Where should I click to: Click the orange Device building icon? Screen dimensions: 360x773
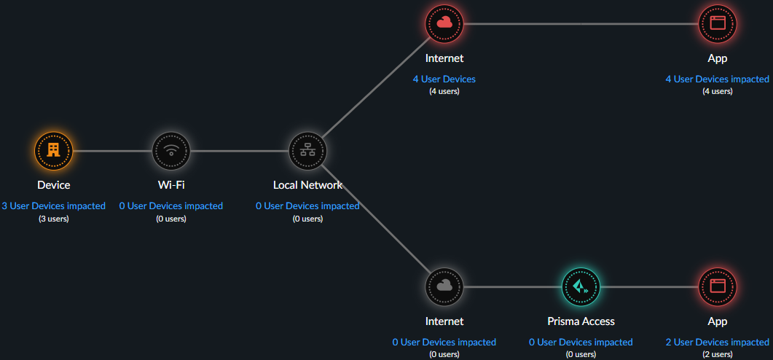[x=53, y=151]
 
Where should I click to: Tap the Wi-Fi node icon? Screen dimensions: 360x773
[x=171, y=151]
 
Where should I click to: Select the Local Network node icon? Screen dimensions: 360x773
[x=307, y=151]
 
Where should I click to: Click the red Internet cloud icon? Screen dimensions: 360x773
[x=444, y=23]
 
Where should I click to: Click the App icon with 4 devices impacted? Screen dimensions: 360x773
[x=718, y=23]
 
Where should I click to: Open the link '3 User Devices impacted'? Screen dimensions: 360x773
[x=53, y=206]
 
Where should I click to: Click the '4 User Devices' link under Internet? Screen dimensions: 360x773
[x=444, y=79]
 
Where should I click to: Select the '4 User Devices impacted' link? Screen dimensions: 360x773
[x=718, y=79]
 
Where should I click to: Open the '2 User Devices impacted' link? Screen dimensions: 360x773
[x=718, y=342]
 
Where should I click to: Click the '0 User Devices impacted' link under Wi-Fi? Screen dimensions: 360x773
[x=171, y=206]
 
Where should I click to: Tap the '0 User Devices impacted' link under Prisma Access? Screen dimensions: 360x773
[x=581, y=342]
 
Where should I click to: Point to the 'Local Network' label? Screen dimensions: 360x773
[x=307, y=185]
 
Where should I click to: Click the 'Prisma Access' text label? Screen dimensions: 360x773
[x=581, y=321]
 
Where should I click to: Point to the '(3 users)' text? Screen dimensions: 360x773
[x=53, y=219]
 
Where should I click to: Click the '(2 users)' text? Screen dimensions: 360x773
[x=718, y=354]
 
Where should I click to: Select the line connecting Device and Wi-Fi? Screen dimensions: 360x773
[x=112, y=151]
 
